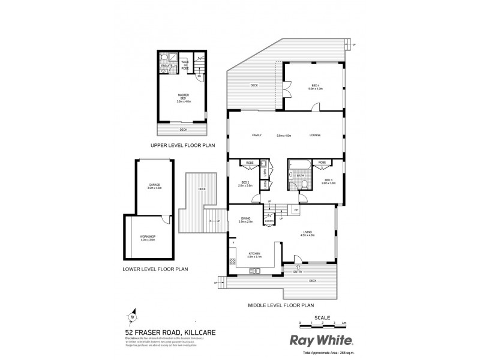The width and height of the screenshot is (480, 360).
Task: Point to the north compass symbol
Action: (133, 318)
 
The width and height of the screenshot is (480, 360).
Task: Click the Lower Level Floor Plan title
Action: (155, 269)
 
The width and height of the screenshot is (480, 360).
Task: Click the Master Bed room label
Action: (184, 98)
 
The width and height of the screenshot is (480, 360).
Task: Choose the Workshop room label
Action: (148, 238)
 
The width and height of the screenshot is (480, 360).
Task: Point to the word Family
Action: (257, 135)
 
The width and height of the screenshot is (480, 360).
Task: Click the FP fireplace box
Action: (295, 209)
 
